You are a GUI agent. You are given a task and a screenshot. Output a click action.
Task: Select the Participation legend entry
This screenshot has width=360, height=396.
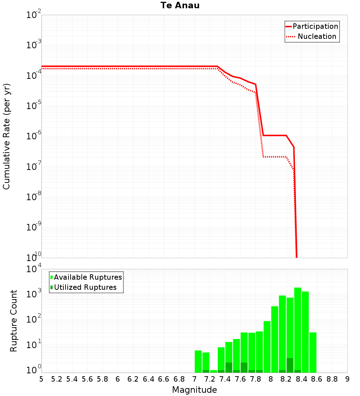(x=315, y=26)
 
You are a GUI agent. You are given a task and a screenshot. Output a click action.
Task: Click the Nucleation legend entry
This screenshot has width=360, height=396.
(x=317, y=36)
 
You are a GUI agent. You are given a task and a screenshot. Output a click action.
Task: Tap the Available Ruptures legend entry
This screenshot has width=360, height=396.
(x=88, y=277)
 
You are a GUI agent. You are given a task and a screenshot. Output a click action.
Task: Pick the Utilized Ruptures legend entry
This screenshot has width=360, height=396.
(x=85, y=287)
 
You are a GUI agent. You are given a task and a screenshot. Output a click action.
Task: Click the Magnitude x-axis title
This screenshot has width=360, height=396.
(x=194, y=390)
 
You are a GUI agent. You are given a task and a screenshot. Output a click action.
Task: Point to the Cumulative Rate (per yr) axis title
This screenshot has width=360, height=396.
(x=6, y=136)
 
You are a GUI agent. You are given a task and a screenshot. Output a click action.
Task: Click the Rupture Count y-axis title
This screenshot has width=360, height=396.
(x=14, y=321)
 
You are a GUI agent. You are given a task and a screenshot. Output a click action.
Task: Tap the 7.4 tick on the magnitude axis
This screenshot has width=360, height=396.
(x=225, y=379)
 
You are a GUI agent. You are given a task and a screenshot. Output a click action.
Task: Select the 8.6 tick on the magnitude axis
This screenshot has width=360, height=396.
(x=317, y=379)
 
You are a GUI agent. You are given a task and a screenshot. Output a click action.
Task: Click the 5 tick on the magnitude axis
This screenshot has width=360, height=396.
(x=41, y=379)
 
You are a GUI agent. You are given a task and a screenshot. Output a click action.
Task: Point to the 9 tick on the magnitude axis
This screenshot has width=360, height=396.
(x=347, y=379)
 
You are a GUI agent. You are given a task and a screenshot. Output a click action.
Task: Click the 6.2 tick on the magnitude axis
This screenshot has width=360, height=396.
(x=133, y=379)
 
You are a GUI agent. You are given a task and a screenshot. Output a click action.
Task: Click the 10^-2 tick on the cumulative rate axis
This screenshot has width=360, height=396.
(x=34, y=15)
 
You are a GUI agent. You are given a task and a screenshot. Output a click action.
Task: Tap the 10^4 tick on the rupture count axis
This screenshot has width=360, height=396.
(x=34, y=269)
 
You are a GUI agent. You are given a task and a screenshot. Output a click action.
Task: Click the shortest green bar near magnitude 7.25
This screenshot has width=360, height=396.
(x=213, y=371)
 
